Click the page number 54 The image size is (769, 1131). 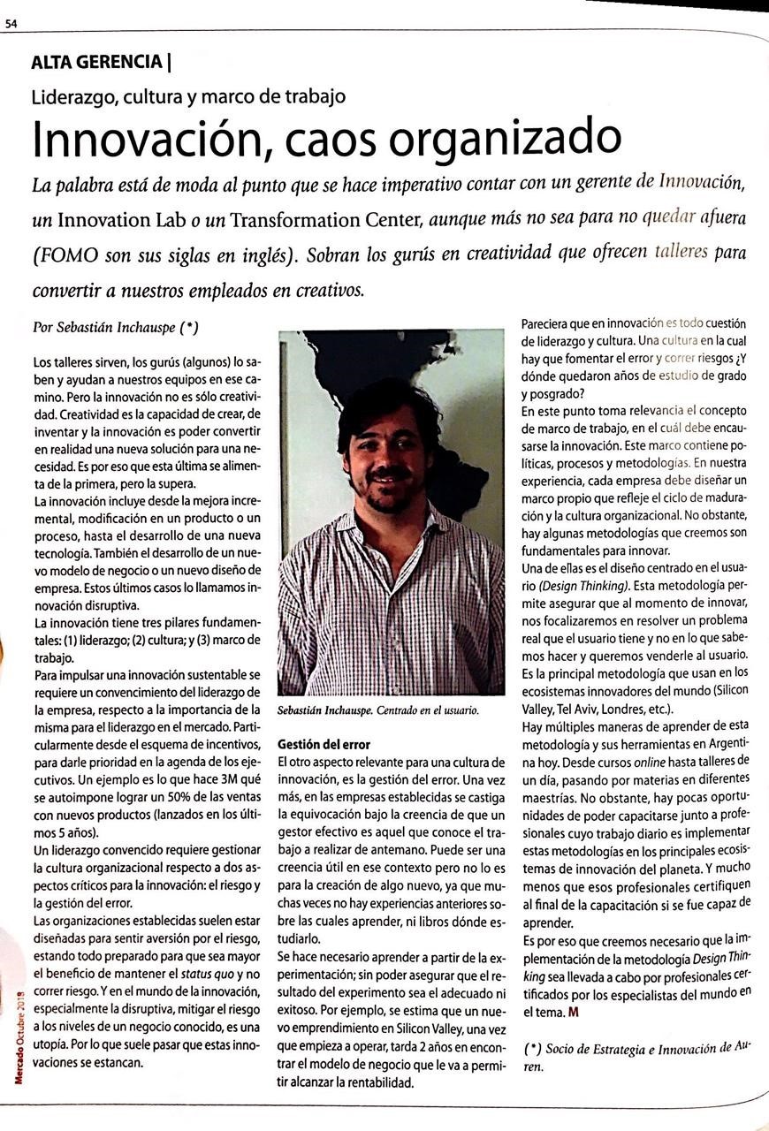pyautogui.click(x=11, y=25)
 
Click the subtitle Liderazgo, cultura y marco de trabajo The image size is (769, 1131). pyautogui.click(x=188, y=96)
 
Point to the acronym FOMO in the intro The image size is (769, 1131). pyautogui.click(x=71, y=255)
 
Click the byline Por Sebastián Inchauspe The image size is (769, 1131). pyautogui.click(x=115, y=327)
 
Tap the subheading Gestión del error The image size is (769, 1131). pyautogui.click(x=324, y=744)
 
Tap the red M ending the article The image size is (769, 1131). pyautogui.click(x=574, y=1010)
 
